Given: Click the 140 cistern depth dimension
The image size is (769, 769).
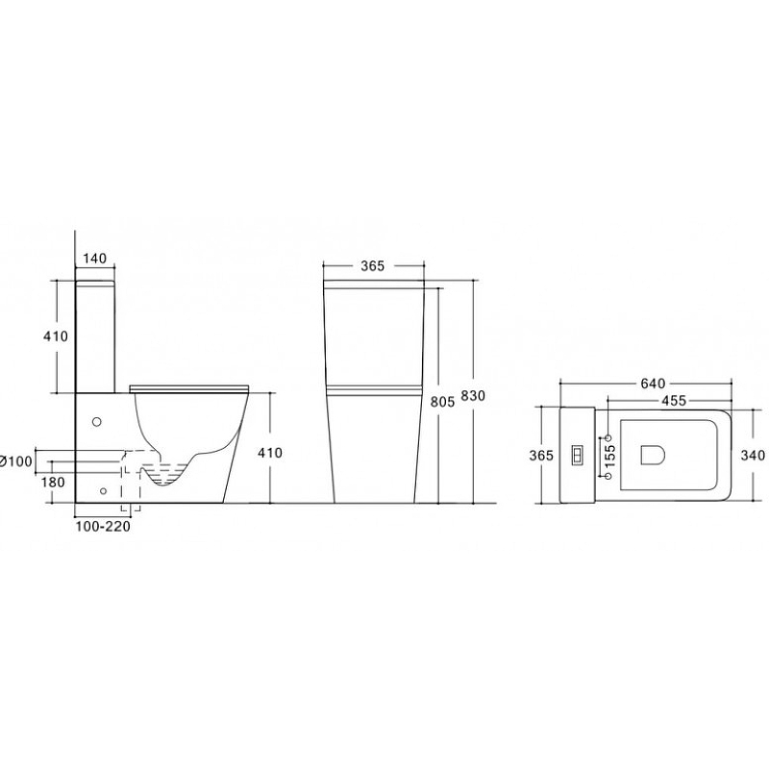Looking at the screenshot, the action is pos(94,258).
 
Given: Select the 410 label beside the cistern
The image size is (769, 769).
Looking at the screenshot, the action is pos(56,336).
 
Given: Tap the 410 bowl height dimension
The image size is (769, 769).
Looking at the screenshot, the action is pos(270,453).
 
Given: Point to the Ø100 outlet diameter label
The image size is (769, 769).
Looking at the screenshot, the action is pos(16,461).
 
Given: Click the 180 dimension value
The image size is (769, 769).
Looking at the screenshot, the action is pos(53,483).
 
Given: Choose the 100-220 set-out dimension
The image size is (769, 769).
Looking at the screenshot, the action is pos(103,527).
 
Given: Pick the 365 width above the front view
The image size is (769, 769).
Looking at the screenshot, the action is pos(373,266).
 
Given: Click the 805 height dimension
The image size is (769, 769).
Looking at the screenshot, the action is pos(442,402).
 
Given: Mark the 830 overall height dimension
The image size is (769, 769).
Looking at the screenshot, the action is pos(473,395).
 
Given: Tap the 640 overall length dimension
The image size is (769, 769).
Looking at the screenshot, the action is pos(653,384).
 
